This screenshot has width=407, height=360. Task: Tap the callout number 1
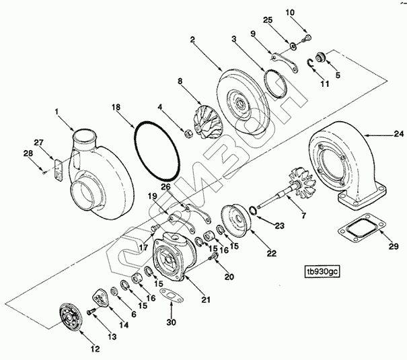coord(57,110)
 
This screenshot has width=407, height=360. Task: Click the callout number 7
coord(303,216)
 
